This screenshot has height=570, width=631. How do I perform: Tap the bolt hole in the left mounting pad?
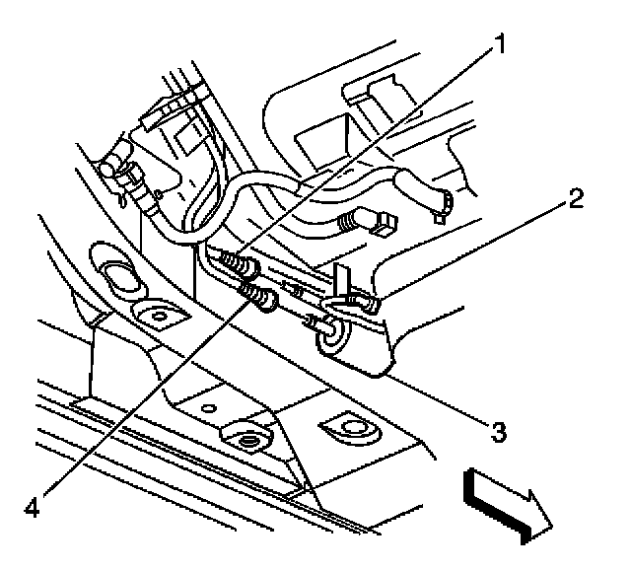click(153, 319)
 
